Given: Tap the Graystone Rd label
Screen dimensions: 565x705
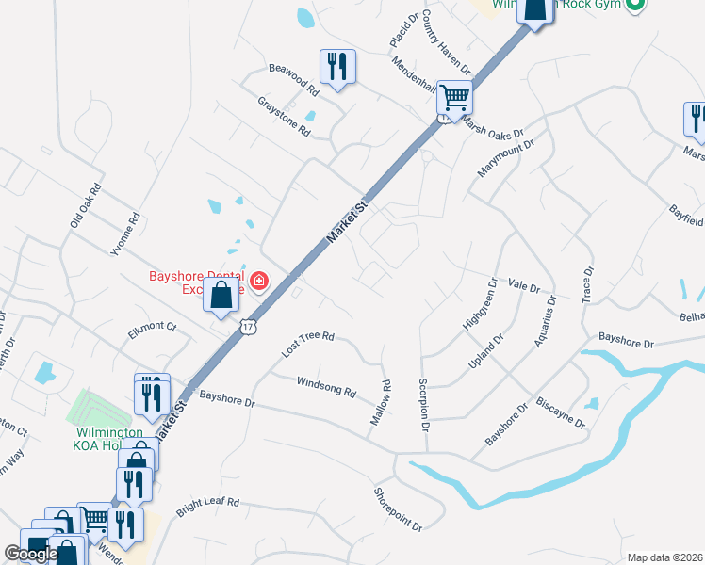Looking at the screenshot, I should click(x=284, y=118).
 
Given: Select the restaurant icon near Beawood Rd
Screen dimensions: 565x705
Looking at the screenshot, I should click(x=337, y=66).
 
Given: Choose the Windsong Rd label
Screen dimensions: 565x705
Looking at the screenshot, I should click(x=326, y=386).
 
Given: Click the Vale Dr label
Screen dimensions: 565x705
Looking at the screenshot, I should click(x=523, y=285).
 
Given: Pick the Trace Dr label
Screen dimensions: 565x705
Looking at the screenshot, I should click(x=588, y=283).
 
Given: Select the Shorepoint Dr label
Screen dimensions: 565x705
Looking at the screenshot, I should click(x=397, y=508).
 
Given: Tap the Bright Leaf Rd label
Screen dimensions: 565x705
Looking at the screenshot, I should click(x=208, y=508).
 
